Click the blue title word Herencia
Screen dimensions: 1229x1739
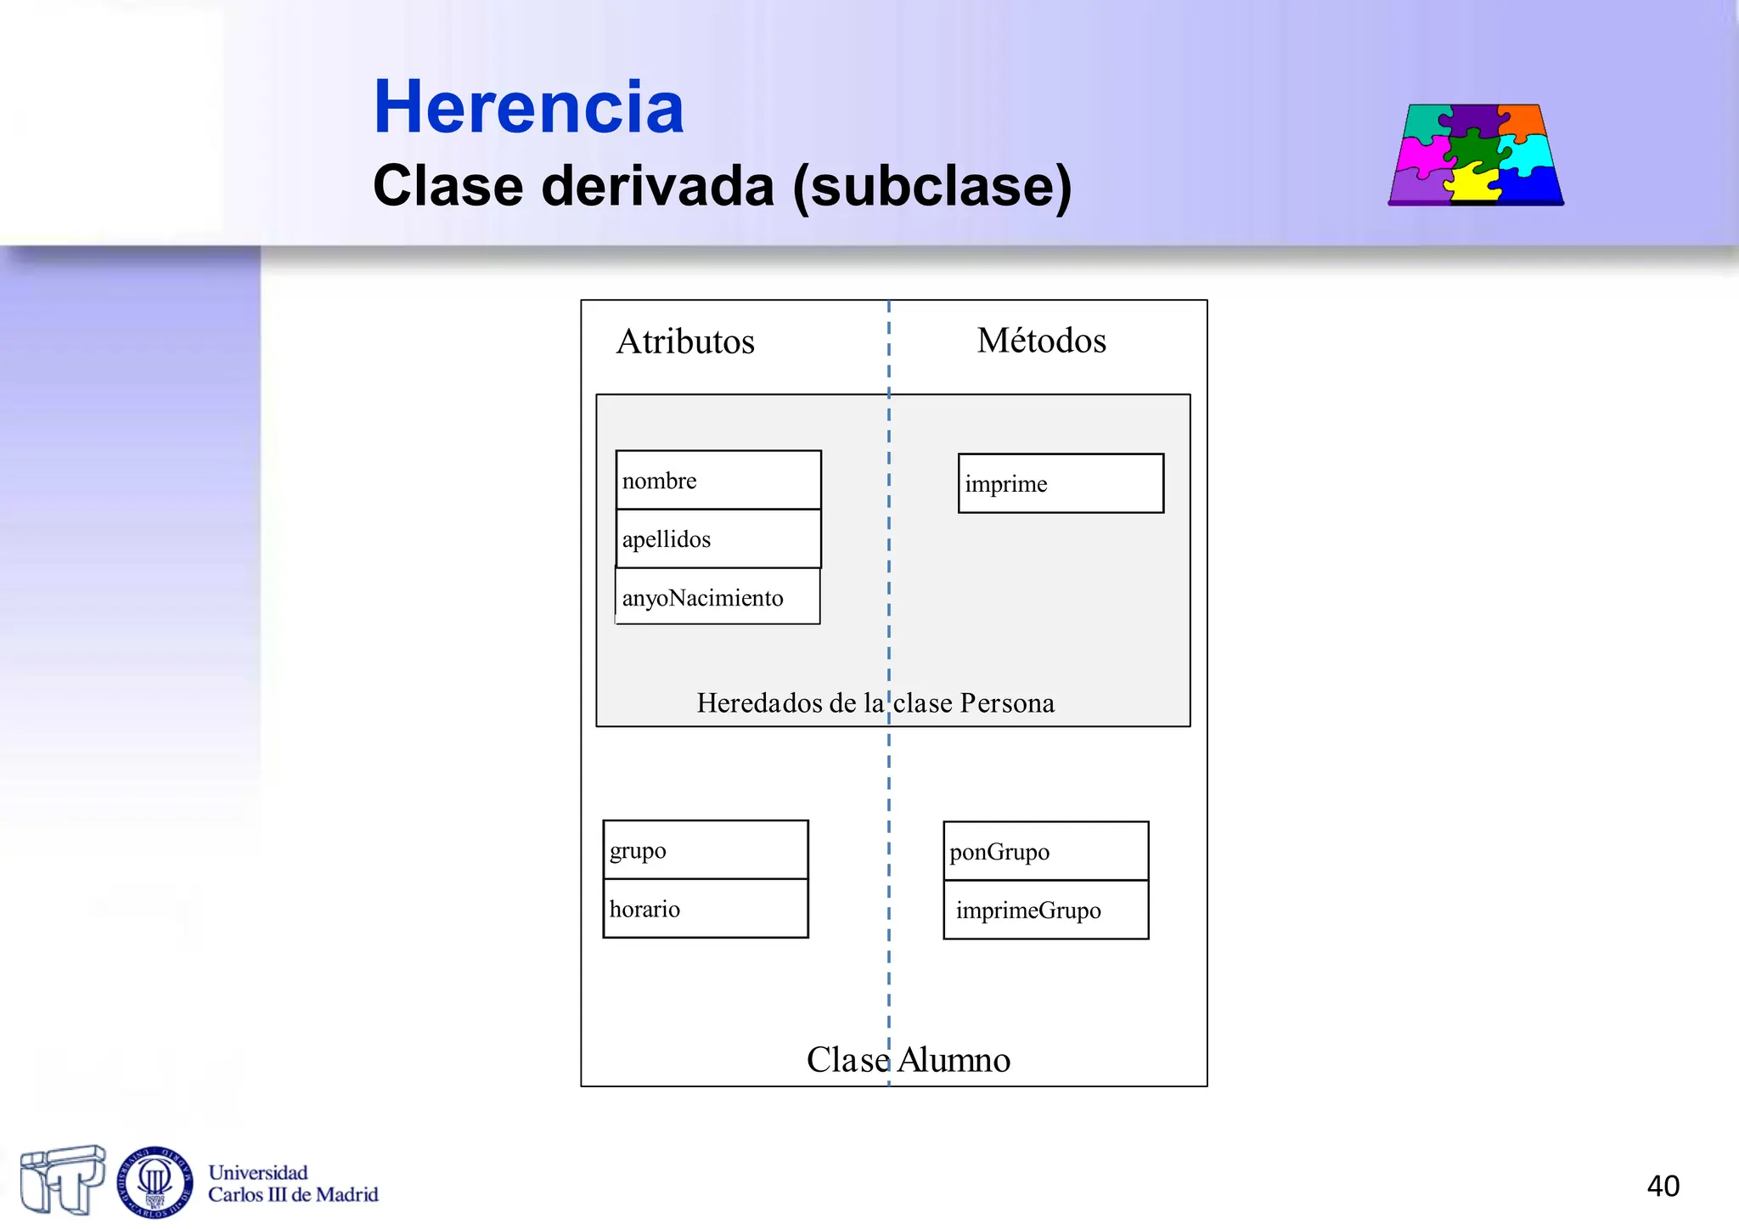click(528, 107)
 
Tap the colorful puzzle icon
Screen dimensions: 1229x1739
click(1476, 155)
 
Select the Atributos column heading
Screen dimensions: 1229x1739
click(685, 341)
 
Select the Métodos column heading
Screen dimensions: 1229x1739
click(1041, 341)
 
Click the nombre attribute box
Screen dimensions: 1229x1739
click(718, 480)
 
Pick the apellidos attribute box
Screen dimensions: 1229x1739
click(718, 538)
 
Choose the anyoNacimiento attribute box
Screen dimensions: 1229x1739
click(718, 597)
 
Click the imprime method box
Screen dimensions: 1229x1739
click(1061, 483)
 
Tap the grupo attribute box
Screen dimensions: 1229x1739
click(705, 849)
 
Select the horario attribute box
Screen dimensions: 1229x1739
click(705, 909)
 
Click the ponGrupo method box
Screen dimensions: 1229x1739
click(1045, 851)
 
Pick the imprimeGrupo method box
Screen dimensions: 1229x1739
click(1045, 910)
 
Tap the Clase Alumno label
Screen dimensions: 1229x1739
click(908, 1059)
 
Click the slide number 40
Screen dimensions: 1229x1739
click(1663, 1186)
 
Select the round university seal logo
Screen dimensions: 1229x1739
click(155, 1181)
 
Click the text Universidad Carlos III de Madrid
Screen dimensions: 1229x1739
click(292, 1184)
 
